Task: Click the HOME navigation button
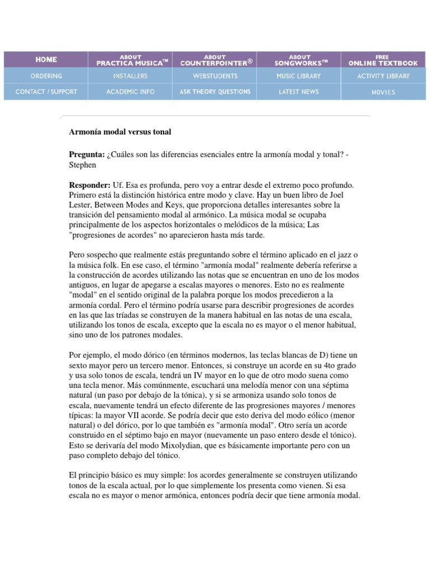tap(46, 59)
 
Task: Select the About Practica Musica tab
tap(130, 60)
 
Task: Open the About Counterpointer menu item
tap(215, 60)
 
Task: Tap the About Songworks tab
tap(300, 60)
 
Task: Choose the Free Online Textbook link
tap(384, 60)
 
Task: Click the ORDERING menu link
tap(46, 76)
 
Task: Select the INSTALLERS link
tap(130, 76)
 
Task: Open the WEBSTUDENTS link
tap(215, 76)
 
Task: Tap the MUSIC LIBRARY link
tap(300, 76)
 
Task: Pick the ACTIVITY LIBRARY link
tap(384, 76)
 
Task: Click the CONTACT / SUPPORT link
tap(46, 91)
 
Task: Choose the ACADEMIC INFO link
tap(130, 91)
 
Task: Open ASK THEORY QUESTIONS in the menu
tap(215, 91)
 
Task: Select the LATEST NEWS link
tap(300, 91)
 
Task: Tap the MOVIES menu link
tap(384, 92)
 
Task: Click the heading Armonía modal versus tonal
tap(120, 132)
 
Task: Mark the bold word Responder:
tap(89, 184)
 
